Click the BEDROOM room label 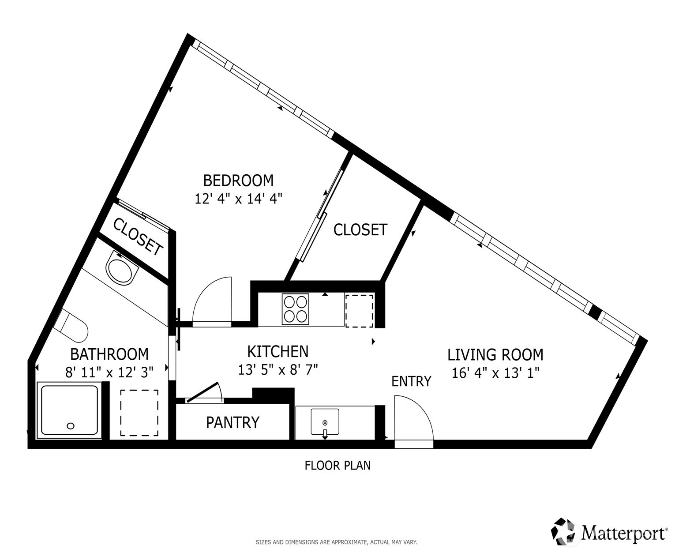click(238, 181)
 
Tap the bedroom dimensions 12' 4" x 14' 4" click(238, 199)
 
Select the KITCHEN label click(278, 352)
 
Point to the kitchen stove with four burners click(296, 309)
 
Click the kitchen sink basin click(325, 421)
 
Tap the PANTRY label click(232, 422)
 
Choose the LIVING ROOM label click(495, 354)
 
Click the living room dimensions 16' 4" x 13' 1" click(495, 373)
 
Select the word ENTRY click(411, 381)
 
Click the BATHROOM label click(109, 354)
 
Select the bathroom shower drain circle click(71, 426)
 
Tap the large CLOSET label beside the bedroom click(360, 229)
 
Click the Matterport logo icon click(564, 533)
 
